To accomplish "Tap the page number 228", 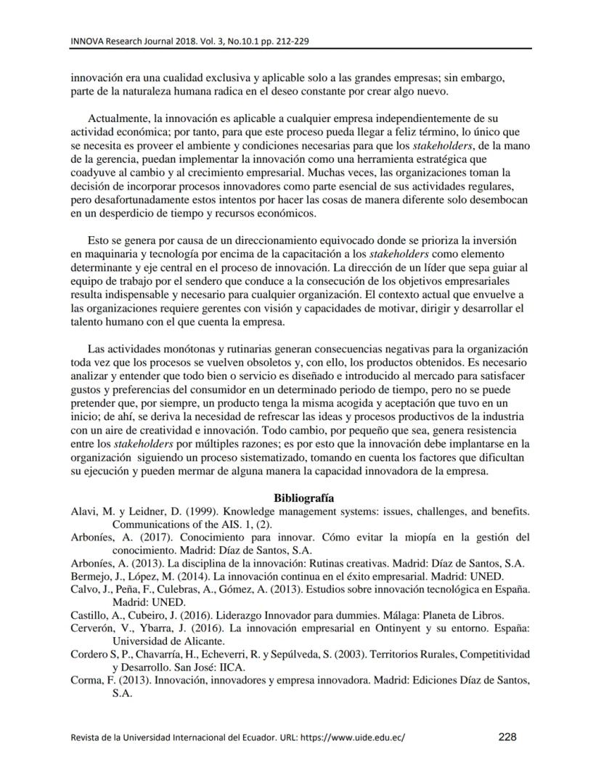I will [507, 737].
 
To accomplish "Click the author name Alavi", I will [83, 511].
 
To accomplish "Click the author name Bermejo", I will [90, 576].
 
